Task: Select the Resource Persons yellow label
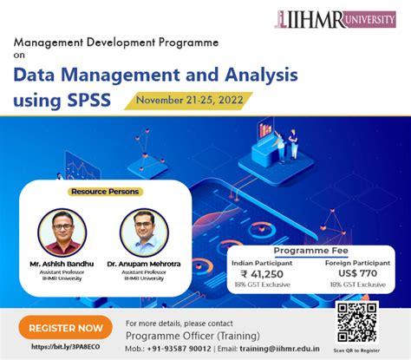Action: pos(105,191)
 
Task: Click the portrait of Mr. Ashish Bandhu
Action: pos(62,232)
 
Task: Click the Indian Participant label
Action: pos(271,259)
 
